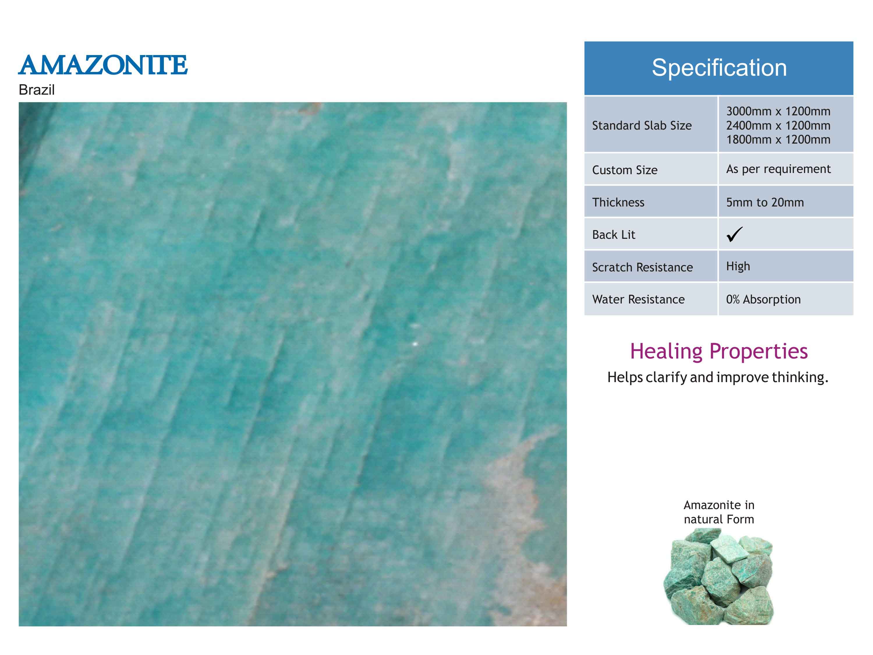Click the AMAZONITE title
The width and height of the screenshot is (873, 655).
click(x=103, y=65)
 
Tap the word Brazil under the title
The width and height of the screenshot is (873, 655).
click(x=37, y=90)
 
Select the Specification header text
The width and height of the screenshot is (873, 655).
click(x=719, y=68)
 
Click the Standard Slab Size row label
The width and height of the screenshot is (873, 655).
click(x=642, y=126)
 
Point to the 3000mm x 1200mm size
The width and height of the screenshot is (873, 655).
click(x=778, y=111)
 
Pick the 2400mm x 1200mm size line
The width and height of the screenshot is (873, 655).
click(x=778, y=126)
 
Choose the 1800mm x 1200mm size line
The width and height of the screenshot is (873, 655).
click(x=778, y=140)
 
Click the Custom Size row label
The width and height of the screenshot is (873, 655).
click(x=625, y=170)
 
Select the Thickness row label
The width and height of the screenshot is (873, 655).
click(x=618, y=202)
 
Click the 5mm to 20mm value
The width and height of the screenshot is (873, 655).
click(x=765, y=202)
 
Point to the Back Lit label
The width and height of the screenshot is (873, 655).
click(x=614, y=235)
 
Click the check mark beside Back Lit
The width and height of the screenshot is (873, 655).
click(x=734, y=234)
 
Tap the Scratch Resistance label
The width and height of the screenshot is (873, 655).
click(x=642, y=267)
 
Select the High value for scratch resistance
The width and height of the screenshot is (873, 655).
click(x=738, y=266)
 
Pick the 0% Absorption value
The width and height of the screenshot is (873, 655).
click(x=763, y=300)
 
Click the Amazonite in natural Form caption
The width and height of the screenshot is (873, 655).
click(x=719, y=512)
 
